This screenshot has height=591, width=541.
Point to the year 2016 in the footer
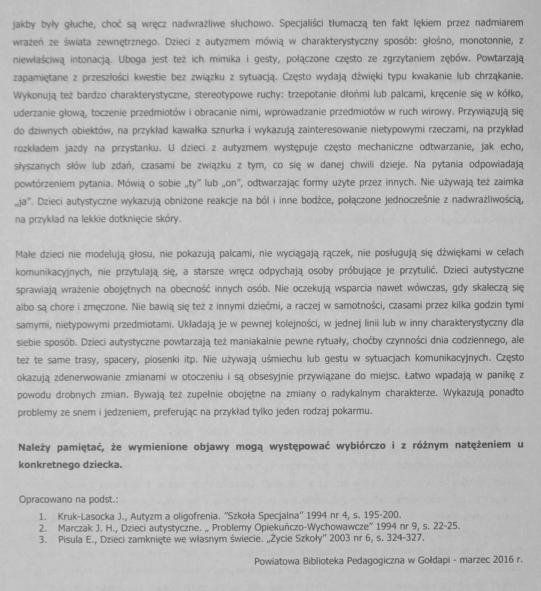pos(498,560)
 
